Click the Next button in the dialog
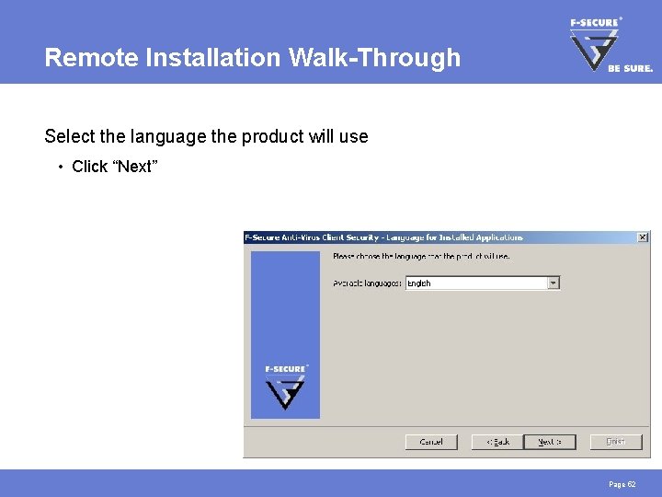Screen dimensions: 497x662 tap(549, 442)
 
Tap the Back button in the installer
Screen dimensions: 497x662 tap(497, 442)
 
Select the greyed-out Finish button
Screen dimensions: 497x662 tap(615, 442)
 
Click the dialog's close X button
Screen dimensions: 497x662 tap(643, 237)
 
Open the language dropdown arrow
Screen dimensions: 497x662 tap(554, 283)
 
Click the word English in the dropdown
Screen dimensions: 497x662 tap(419, 283)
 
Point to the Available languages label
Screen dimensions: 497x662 tap(367, 283)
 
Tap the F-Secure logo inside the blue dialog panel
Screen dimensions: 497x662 tap(285, 387)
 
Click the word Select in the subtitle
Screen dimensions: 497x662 tap(68, 137)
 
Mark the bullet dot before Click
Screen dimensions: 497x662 tap(59, 167)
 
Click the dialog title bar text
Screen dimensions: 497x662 tap(383, 237)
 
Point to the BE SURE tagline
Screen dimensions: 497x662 tap(631, 68)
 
